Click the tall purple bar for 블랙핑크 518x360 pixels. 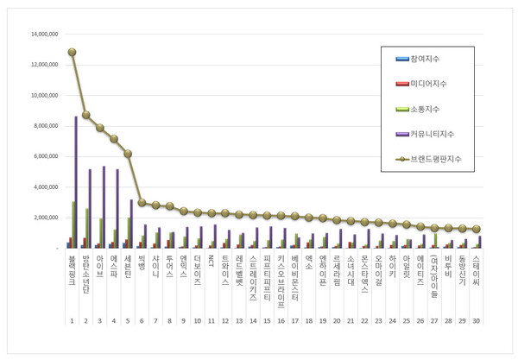[76, 182]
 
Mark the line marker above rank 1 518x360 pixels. [72, 53]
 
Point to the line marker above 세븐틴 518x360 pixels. [128, 154]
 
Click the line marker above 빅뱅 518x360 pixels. [142, 203]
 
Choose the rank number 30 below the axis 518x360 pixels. [477, 321]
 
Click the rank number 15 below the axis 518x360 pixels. [268, 321]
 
